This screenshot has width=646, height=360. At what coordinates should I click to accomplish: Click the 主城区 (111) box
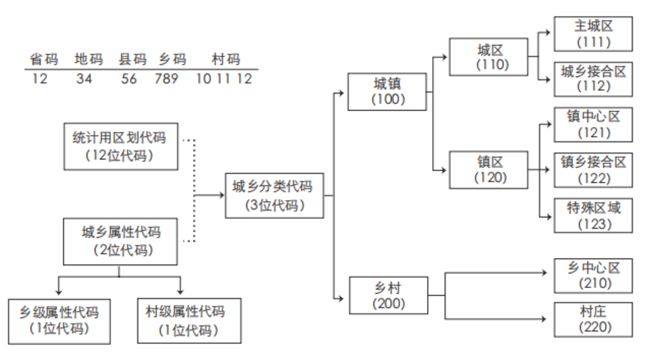tap(593, 34)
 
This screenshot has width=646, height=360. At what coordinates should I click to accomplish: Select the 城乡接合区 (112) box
tap(593, 79)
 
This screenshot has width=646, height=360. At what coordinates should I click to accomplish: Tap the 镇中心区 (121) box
tap(593, 124)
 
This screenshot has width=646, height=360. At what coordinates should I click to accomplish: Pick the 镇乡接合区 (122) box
tap(593, 170)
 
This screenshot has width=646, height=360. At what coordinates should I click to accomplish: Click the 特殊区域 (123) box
tap(593, 215)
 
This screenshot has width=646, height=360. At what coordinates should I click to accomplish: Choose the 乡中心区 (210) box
tap(593, 275)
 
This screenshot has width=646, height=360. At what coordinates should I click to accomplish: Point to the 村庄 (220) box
tap(593, 319)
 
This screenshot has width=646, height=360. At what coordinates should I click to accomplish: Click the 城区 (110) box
tap(488, 57)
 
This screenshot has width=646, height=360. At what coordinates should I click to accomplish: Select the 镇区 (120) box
tap(488, 170)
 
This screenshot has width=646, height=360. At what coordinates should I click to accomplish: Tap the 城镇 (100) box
tap(387, 92)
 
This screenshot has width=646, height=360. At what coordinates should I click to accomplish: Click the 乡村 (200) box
tap(388, 295)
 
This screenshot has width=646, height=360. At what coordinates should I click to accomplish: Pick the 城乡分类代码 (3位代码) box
tap(274, 196)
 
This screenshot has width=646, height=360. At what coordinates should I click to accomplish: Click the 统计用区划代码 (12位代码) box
tap(121, 147)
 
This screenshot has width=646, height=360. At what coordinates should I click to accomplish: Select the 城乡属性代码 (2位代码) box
tap(120, 241)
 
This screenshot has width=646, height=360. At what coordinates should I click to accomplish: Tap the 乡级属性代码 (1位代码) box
tap(59, 321)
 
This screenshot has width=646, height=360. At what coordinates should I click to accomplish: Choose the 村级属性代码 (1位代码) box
tap(189, 321)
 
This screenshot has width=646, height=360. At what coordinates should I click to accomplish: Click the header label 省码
tap(44, 59)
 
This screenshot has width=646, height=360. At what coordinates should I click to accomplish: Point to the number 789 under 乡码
tap(166, 79)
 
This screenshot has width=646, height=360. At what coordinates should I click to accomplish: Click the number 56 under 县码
tap(129, 79)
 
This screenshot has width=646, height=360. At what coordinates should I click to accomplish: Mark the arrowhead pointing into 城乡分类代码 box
tap(222, 195)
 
